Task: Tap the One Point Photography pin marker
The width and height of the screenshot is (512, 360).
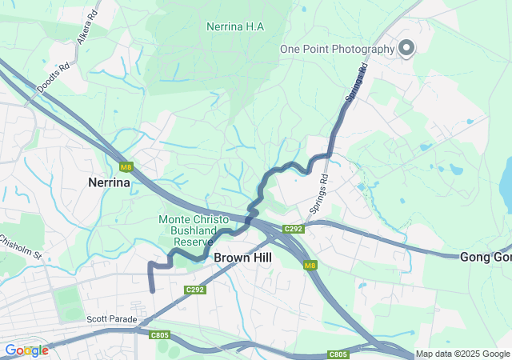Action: click(x=406, y=48)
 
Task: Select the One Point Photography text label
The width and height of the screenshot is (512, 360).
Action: click(x=337, y=49)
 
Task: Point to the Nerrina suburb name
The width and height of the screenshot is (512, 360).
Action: click(x=109, y=182)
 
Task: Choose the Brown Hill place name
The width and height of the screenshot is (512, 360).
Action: click(x=242, y=258)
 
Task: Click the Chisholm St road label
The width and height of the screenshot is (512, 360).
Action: click(x=21, y=247)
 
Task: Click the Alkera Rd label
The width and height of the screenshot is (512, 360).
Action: click(x=86, y=26)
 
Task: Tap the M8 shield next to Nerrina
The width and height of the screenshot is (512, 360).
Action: click(x=126, y=167)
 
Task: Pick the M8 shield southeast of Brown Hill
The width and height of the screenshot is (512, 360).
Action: click(x=310, y=265)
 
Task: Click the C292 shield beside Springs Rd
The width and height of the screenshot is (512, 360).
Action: click(x=294, y=229)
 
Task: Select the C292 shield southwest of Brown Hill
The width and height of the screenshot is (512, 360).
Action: click(x=195, y=290)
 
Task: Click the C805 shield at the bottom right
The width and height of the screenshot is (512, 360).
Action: click(x=338, y=354)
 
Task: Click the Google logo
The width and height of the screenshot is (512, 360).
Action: click(x=26, y=350)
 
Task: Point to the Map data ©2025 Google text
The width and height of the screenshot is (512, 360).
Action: click(x=462, y=354)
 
